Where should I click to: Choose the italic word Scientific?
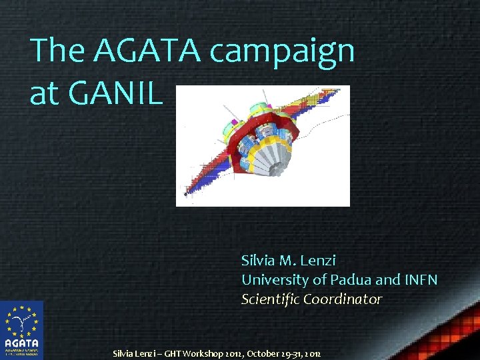tap(270, 299)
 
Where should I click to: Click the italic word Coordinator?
tap(343, 299)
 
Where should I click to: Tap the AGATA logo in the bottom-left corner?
tap(21, 331)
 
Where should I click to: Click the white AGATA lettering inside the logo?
tap(21, 343)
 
